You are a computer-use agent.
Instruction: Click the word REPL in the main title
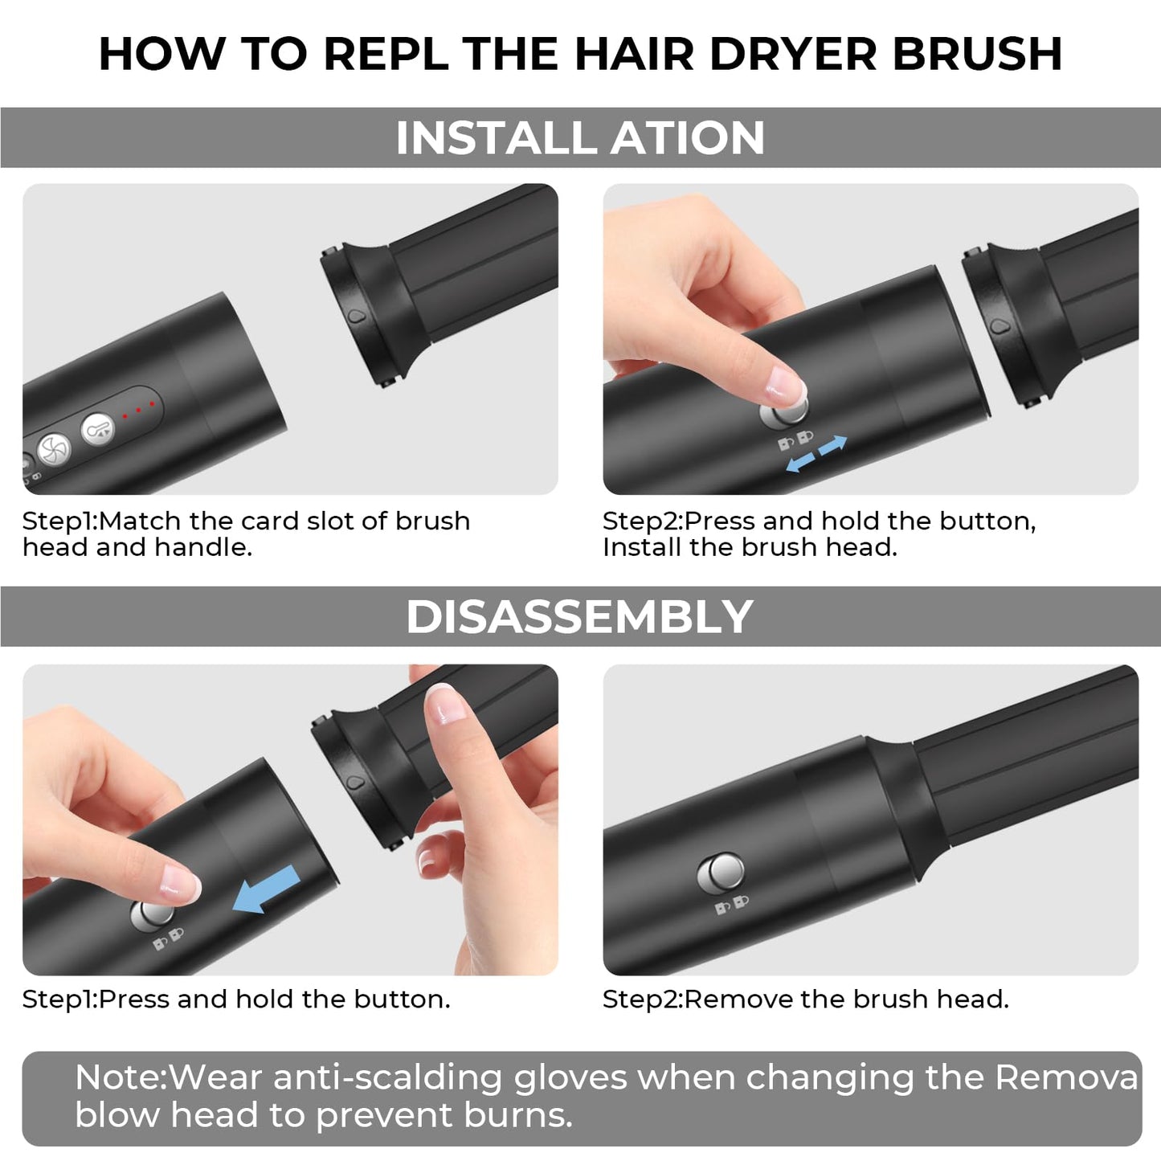pyautogui.click(x=386, y=54)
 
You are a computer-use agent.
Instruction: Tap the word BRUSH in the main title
pyautogui.click(x=977, y=54)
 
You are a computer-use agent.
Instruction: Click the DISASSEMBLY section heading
pyautogui.click(x=579, y=616)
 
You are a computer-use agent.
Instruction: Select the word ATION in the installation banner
pyautogui.click(x=688, y=138)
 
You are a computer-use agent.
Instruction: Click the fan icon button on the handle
pyautogui.click(x=54, y=449)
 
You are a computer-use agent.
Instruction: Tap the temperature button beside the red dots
pyautogui.click(x=97, y=429)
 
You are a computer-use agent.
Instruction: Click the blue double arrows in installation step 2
pyautogui.click(x=816, y=454)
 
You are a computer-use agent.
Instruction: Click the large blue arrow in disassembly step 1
pyautogui.click(x=266, y=889)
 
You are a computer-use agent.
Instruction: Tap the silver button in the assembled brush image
pyautogui.click(x=721, y=873)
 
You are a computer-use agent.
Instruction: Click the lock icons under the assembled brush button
pyautogui.click(x=731, y=905)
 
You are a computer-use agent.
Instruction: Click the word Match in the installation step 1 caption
pyautogui.click(x=139, y=521)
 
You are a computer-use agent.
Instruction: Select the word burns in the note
pyautogui.click(x=514, y=1115)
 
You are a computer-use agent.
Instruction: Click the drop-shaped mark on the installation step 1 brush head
pyautogui.click(x=357, y=317)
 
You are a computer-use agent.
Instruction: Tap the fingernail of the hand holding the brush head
pyautogui.click(x=445, y=703)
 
